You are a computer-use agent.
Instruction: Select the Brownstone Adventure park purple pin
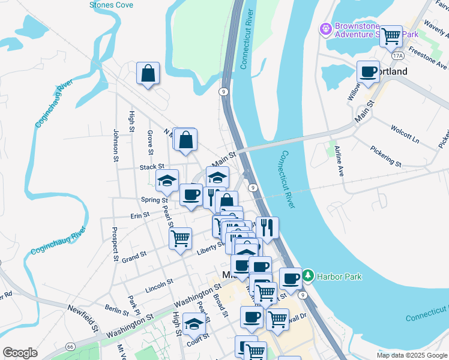pos(326,28)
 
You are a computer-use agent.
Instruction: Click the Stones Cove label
pos(111,5)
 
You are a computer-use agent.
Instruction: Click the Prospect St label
pos(115,244)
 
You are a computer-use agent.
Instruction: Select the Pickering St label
pos(385,155)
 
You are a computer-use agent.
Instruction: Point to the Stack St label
pos(152,167)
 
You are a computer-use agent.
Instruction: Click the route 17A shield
pos(397,56)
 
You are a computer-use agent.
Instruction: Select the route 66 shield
pos(70,347)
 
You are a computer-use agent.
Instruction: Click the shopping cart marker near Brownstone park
pos(391,37)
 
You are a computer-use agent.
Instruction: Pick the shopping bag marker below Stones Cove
pos(148,74)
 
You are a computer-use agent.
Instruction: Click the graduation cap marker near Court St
pos(194,325)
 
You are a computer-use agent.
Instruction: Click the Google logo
pos(20,353)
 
